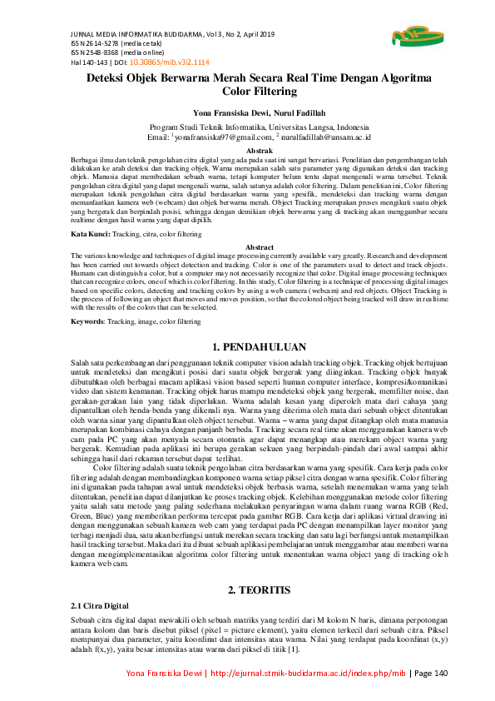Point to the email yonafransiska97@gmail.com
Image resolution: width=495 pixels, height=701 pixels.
click(224, 137)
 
